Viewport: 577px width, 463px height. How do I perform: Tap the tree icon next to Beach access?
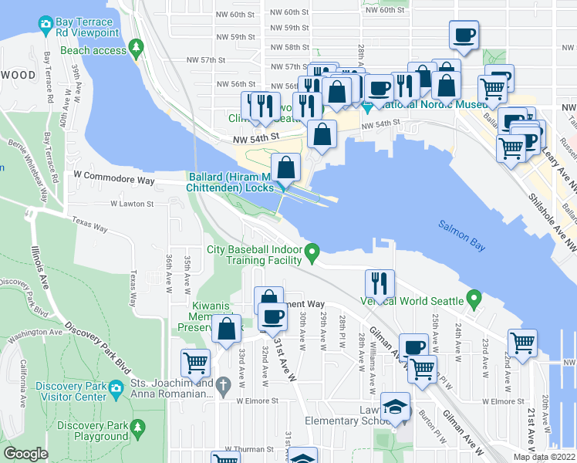pos(137,49)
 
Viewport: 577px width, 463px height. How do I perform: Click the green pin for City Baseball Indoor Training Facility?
pos(312,252)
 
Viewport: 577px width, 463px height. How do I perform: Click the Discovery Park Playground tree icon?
pos(137,427)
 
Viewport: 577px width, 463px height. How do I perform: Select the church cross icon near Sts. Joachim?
pos(223,384)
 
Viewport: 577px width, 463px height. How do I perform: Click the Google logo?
pos(25,453)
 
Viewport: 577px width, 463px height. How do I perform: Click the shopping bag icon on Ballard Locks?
pos(285,167)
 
